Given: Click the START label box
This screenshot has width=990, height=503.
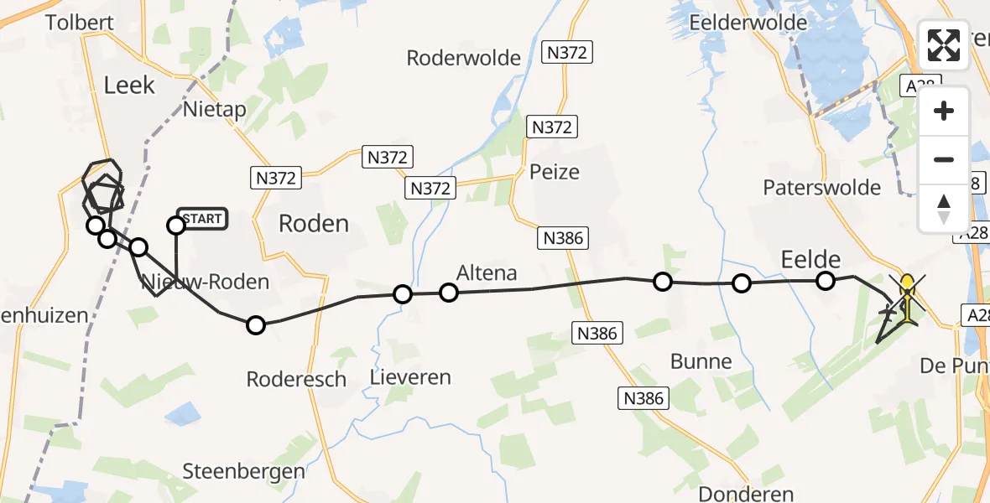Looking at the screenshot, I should [x=202, y=220].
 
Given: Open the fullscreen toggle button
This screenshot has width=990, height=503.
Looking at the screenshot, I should [x=944, y=45].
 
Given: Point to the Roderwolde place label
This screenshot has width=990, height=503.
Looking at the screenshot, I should [x=463, y=58].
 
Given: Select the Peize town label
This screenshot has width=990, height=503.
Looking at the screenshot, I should [x=555, y=172].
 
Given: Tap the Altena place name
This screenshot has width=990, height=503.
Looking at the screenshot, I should [x=486, y=272].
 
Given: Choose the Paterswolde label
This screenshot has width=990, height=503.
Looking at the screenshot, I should [x=821, y=187].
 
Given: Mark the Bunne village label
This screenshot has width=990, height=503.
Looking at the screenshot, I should [x=701, y=361].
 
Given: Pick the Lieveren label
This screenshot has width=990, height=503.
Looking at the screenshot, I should [x=410, y=377].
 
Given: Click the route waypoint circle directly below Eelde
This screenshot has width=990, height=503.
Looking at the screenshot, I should [x=826, y=281].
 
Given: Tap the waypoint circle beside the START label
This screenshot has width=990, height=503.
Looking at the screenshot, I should [x=176, y=225].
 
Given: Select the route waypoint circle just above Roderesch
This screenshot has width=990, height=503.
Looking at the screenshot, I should [x=255, y=325].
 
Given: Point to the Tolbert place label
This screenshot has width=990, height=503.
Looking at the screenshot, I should [x=79, y=22].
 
